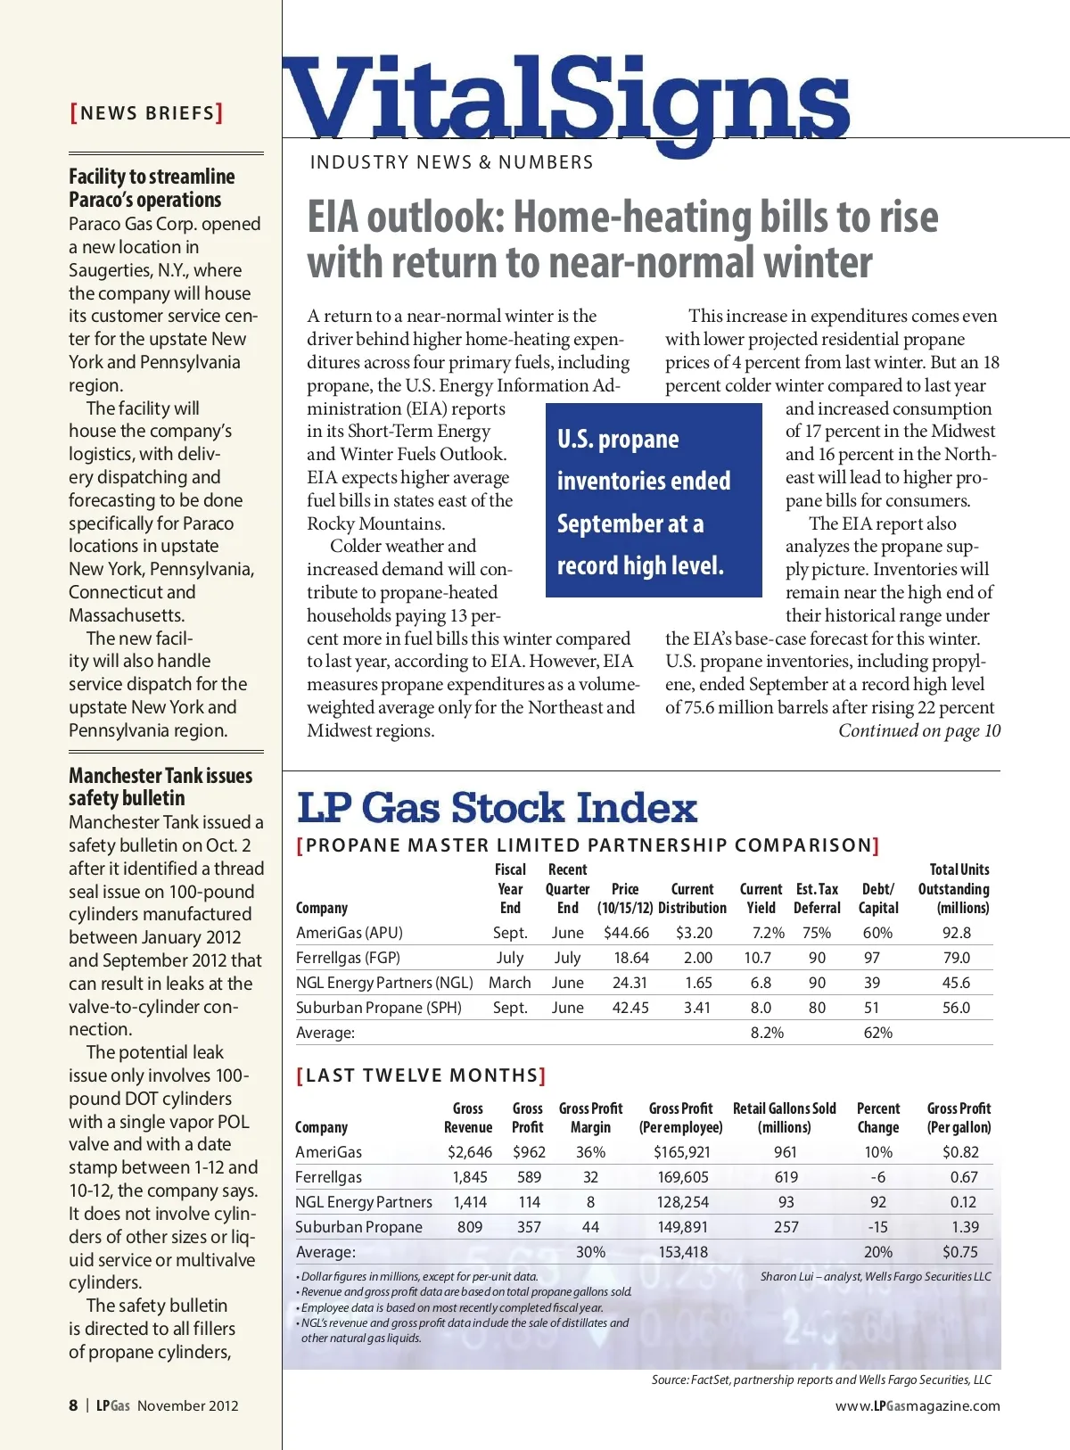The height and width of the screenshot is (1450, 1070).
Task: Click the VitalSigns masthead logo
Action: coord(567,100)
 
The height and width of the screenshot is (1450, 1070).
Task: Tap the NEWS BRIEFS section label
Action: coord(147,113)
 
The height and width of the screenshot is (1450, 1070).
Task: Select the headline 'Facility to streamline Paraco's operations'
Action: coord(152,188)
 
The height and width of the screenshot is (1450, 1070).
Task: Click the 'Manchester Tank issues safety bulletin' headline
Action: coord(160,787)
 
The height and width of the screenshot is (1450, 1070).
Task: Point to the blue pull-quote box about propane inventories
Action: coord(654,500)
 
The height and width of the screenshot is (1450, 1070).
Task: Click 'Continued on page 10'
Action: coord(918,731)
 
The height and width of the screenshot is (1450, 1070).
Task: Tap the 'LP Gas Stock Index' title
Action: coord(497,808)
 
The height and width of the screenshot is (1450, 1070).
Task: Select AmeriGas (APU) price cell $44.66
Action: coord(626,933)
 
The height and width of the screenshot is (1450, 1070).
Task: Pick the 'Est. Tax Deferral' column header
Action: coord(817,898)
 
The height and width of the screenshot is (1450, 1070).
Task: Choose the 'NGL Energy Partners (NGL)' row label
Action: coord(384,983)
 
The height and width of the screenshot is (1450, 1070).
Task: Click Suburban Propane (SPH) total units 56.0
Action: coord(956,1008)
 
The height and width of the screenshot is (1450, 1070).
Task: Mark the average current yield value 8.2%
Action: coord(767,1033)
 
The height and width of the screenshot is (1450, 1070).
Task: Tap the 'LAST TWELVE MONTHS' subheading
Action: coord(421,1075)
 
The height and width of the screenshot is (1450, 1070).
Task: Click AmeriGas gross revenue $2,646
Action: coord(469,1152)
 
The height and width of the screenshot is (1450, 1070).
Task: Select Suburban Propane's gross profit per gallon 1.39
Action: coord(965,1227)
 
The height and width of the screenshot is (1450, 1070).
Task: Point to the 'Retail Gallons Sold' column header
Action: coord(785,1117)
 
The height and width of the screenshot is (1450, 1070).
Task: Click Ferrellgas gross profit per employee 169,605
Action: coord(682,1177)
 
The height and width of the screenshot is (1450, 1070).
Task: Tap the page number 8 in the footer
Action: coord(73,1405)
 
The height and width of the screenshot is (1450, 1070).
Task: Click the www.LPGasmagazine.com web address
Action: coord(918,1406)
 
